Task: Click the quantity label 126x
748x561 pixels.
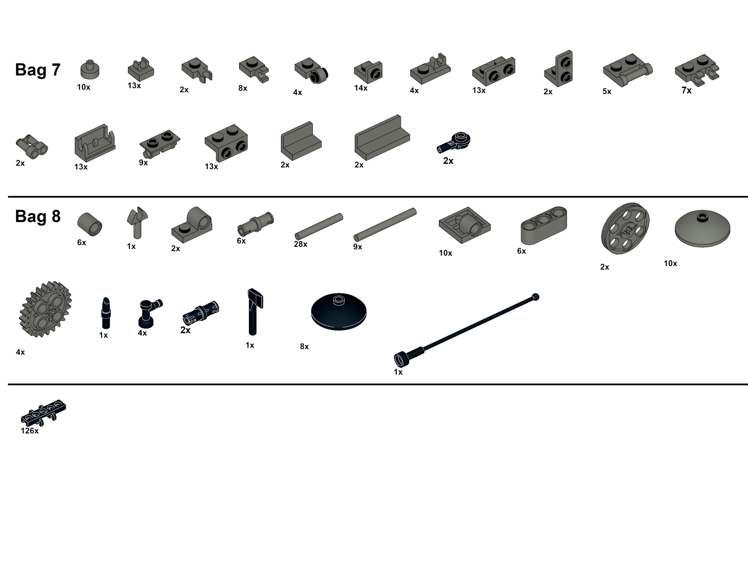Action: [30, 431]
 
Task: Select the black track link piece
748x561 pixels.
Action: [43, 412]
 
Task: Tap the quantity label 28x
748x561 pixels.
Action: [301, 244]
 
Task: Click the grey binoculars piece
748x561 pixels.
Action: [32, 147]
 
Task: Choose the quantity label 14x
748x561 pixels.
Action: [361, 88]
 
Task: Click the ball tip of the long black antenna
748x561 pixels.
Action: [535, 297]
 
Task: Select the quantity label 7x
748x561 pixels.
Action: [686, 90]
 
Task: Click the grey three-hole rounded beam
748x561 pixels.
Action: [544, 226]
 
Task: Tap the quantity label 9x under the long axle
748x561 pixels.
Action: [358, 247]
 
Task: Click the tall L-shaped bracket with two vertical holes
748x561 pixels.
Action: [559, 69]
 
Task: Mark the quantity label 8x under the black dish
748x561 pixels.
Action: [304, 347]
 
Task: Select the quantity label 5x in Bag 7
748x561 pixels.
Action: [607, 91]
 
